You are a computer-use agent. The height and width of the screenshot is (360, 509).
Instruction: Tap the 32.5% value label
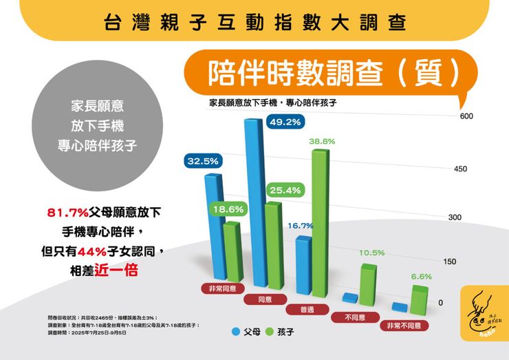(x=203, y=161)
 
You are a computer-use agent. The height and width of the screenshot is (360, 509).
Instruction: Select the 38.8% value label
(x=322, y=141)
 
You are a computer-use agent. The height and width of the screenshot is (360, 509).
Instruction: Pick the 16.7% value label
(x=301, y=225)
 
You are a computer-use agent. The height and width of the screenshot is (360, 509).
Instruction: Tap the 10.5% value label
(x=371, y=253)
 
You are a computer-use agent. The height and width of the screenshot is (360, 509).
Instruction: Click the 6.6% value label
(x=421, y=276)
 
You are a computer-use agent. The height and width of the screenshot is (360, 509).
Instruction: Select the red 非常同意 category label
(x=222, y=288)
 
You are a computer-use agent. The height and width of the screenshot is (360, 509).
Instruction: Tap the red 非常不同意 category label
(x=404, y=325)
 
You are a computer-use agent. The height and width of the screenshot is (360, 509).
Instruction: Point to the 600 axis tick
(x=466, y=116)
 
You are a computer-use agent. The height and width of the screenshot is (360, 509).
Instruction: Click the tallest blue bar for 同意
(x=255, y=207)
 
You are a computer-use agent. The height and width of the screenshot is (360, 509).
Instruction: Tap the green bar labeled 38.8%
(x=319, y=220)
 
